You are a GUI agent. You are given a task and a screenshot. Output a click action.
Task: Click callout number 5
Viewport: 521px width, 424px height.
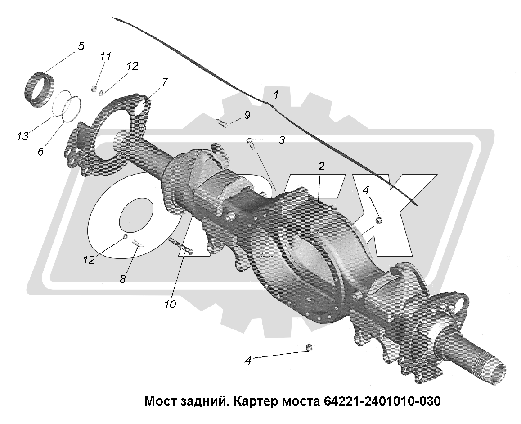tap(81, 46)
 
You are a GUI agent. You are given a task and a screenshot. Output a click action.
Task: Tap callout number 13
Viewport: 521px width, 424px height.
tap(22, 136)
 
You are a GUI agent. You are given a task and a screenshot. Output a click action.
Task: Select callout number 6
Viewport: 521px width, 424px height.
tap(40, 152)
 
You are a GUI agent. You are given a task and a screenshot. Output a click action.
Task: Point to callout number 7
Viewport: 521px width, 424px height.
tap(165, 82)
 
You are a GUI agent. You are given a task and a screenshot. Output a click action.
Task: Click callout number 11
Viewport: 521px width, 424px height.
tap(106, 56)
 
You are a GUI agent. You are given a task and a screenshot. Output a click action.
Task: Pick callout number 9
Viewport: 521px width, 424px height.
tap(247, 115)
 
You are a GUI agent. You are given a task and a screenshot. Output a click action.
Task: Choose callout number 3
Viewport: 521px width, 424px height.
tap(282, 140)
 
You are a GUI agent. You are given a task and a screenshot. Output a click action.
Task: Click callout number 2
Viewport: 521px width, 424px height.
tap(321, 167)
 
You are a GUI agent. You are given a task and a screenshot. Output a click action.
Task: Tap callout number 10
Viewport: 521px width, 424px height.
tap(170, 304)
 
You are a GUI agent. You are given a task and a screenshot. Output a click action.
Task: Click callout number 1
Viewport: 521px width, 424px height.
tap(275, 95)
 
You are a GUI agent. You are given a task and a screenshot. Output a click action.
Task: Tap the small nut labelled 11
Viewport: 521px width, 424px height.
tap(94, 88)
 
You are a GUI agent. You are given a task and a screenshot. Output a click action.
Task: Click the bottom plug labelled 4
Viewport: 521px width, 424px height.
tap(310, 348)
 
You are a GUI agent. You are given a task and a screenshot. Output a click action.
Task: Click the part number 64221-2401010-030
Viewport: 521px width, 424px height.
tap(382, 401)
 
